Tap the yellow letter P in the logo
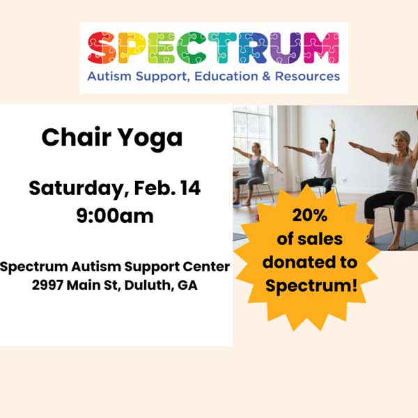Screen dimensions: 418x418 point(133,48)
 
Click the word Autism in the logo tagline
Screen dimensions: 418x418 point(107,75)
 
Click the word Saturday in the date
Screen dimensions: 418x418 point(73,189)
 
